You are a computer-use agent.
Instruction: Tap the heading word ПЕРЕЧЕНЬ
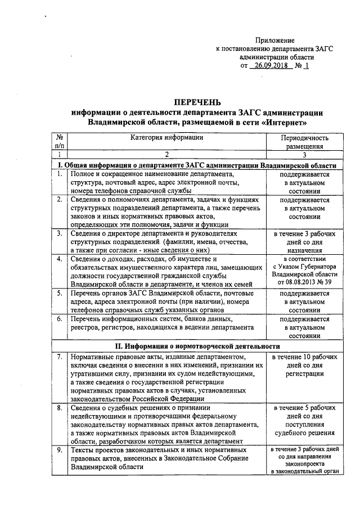coord(197,102)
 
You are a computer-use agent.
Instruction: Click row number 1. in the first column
coord(59,174)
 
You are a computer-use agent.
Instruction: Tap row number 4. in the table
coord(59,259)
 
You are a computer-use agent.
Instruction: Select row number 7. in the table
coord(59,357)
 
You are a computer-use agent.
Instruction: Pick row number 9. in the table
coord(59,450)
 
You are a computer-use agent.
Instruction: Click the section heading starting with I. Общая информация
coord(197,165)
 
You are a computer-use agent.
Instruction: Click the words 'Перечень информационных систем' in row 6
coord(129,319)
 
